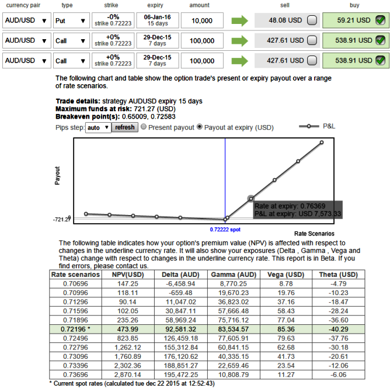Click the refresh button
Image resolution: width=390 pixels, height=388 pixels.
point(124,127)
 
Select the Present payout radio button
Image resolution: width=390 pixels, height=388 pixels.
point(144,127)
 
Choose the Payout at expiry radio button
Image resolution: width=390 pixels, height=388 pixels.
point(199,127)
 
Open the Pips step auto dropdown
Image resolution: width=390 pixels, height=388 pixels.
point(98,127)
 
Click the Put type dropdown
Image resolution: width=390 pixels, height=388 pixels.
point(71,20)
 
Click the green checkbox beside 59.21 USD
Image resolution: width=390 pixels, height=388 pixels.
point(380,20)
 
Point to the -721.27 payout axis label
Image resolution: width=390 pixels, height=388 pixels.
point(61,220)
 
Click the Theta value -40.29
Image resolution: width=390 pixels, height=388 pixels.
point(338,328)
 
